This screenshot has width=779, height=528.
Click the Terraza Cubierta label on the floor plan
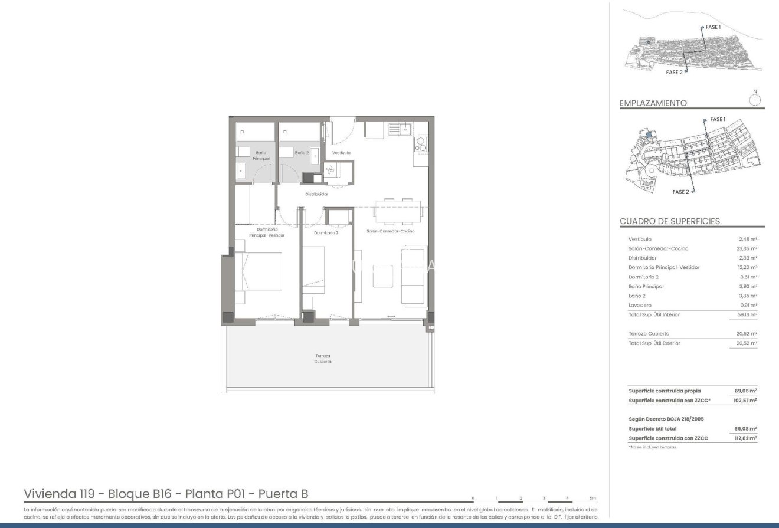click(322, 358)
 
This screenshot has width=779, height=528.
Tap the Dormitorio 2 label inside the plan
click(326, 232)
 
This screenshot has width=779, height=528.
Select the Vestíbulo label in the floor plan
click(341, 152)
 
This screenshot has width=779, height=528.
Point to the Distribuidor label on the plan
click(316, 194)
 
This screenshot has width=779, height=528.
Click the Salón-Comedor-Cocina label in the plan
click(390, 231)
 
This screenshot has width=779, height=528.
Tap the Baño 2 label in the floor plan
click(302, 152)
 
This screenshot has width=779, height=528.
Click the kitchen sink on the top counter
click(405, 129)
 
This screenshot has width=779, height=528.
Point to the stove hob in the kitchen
click(421, 145)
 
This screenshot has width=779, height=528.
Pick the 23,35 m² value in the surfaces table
click(748, 248)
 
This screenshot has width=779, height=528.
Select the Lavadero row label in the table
click(640, 305)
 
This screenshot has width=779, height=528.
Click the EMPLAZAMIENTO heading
click(653, 103)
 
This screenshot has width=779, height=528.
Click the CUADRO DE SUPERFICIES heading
click(669, 221)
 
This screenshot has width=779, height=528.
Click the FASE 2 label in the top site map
click(674, 72)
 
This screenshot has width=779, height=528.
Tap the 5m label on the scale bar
click(593, 497)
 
